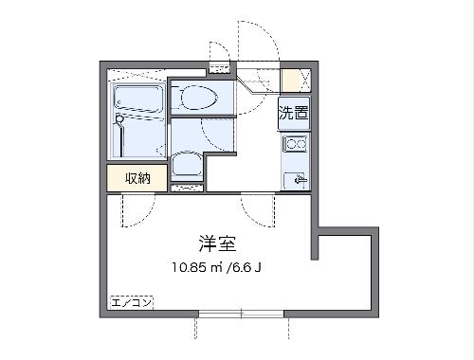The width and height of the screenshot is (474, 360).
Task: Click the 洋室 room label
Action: pyautogui.click(x=217, y=241)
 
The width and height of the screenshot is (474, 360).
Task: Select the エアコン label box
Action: pyautogui.click(x=130, y=305)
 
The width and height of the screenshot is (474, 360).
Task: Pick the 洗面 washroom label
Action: pyautogui.click(x=292, y=115)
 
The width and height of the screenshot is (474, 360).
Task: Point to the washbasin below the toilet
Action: pyautogui.click(x=188, y=167)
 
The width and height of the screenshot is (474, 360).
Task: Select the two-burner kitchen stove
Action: pyautogui.click(x=295, y=145)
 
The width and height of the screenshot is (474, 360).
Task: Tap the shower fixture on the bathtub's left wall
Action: pyautogui.click(x=118, y=121)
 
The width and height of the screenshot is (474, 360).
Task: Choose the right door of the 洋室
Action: pyautogui.click(x=257, y=207)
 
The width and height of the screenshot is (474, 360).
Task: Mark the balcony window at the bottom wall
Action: pyautogui.click(x=241, y=315)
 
